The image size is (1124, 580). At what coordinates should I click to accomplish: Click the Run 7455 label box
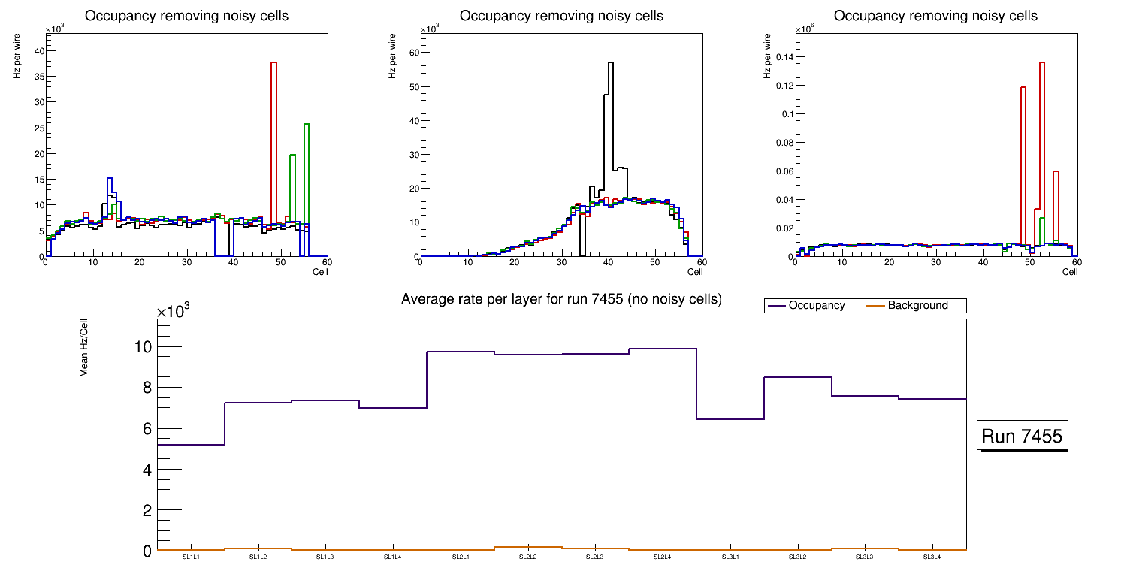pos(1022,436)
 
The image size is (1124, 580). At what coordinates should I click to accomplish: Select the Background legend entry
pos(917,306)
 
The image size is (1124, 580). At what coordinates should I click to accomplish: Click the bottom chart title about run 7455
pos(561,299)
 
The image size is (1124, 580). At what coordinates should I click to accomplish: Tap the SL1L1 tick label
pos(192,557)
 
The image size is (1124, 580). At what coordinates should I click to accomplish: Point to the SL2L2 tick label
pos(528,557)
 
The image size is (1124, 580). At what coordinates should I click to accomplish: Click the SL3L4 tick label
pos(932,557)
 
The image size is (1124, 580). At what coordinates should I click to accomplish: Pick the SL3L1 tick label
pos(730,557)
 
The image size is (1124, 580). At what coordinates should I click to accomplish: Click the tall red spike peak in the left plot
pos(274,63)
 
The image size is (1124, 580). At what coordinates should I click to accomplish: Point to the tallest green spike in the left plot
pos(307,125)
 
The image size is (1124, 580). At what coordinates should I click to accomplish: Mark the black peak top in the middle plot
pos(611,63)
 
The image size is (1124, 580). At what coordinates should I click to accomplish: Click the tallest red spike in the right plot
pos(1042,63)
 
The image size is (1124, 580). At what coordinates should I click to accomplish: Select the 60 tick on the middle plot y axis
pos(412,53)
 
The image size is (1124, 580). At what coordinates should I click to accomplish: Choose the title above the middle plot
pos(561,16)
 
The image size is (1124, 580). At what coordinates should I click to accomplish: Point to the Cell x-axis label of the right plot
pos(1070,272)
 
